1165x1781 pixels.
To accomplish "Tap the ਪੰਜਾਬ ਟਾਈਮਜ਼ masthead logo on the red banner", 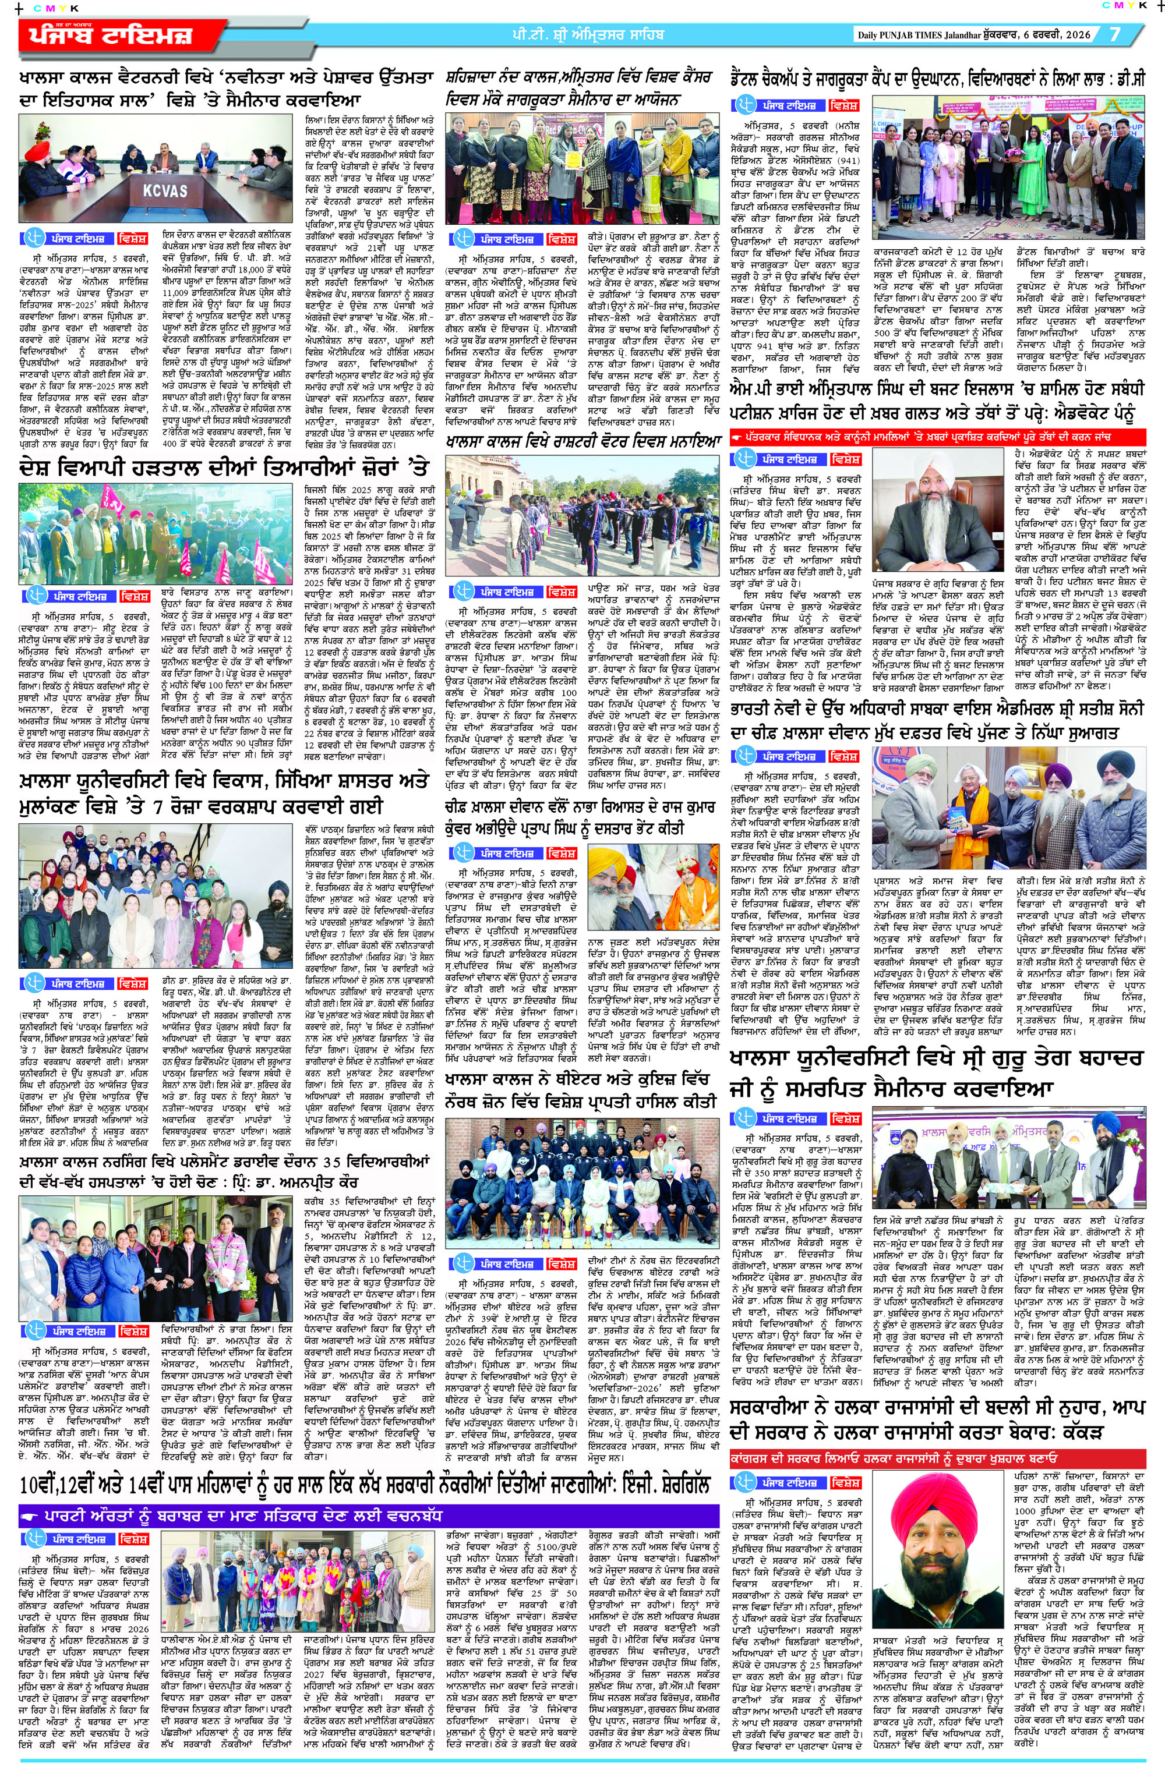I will (x=112, y=35).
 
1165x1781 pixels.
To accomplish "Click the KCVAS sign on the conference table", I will (x=165, y=190).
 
